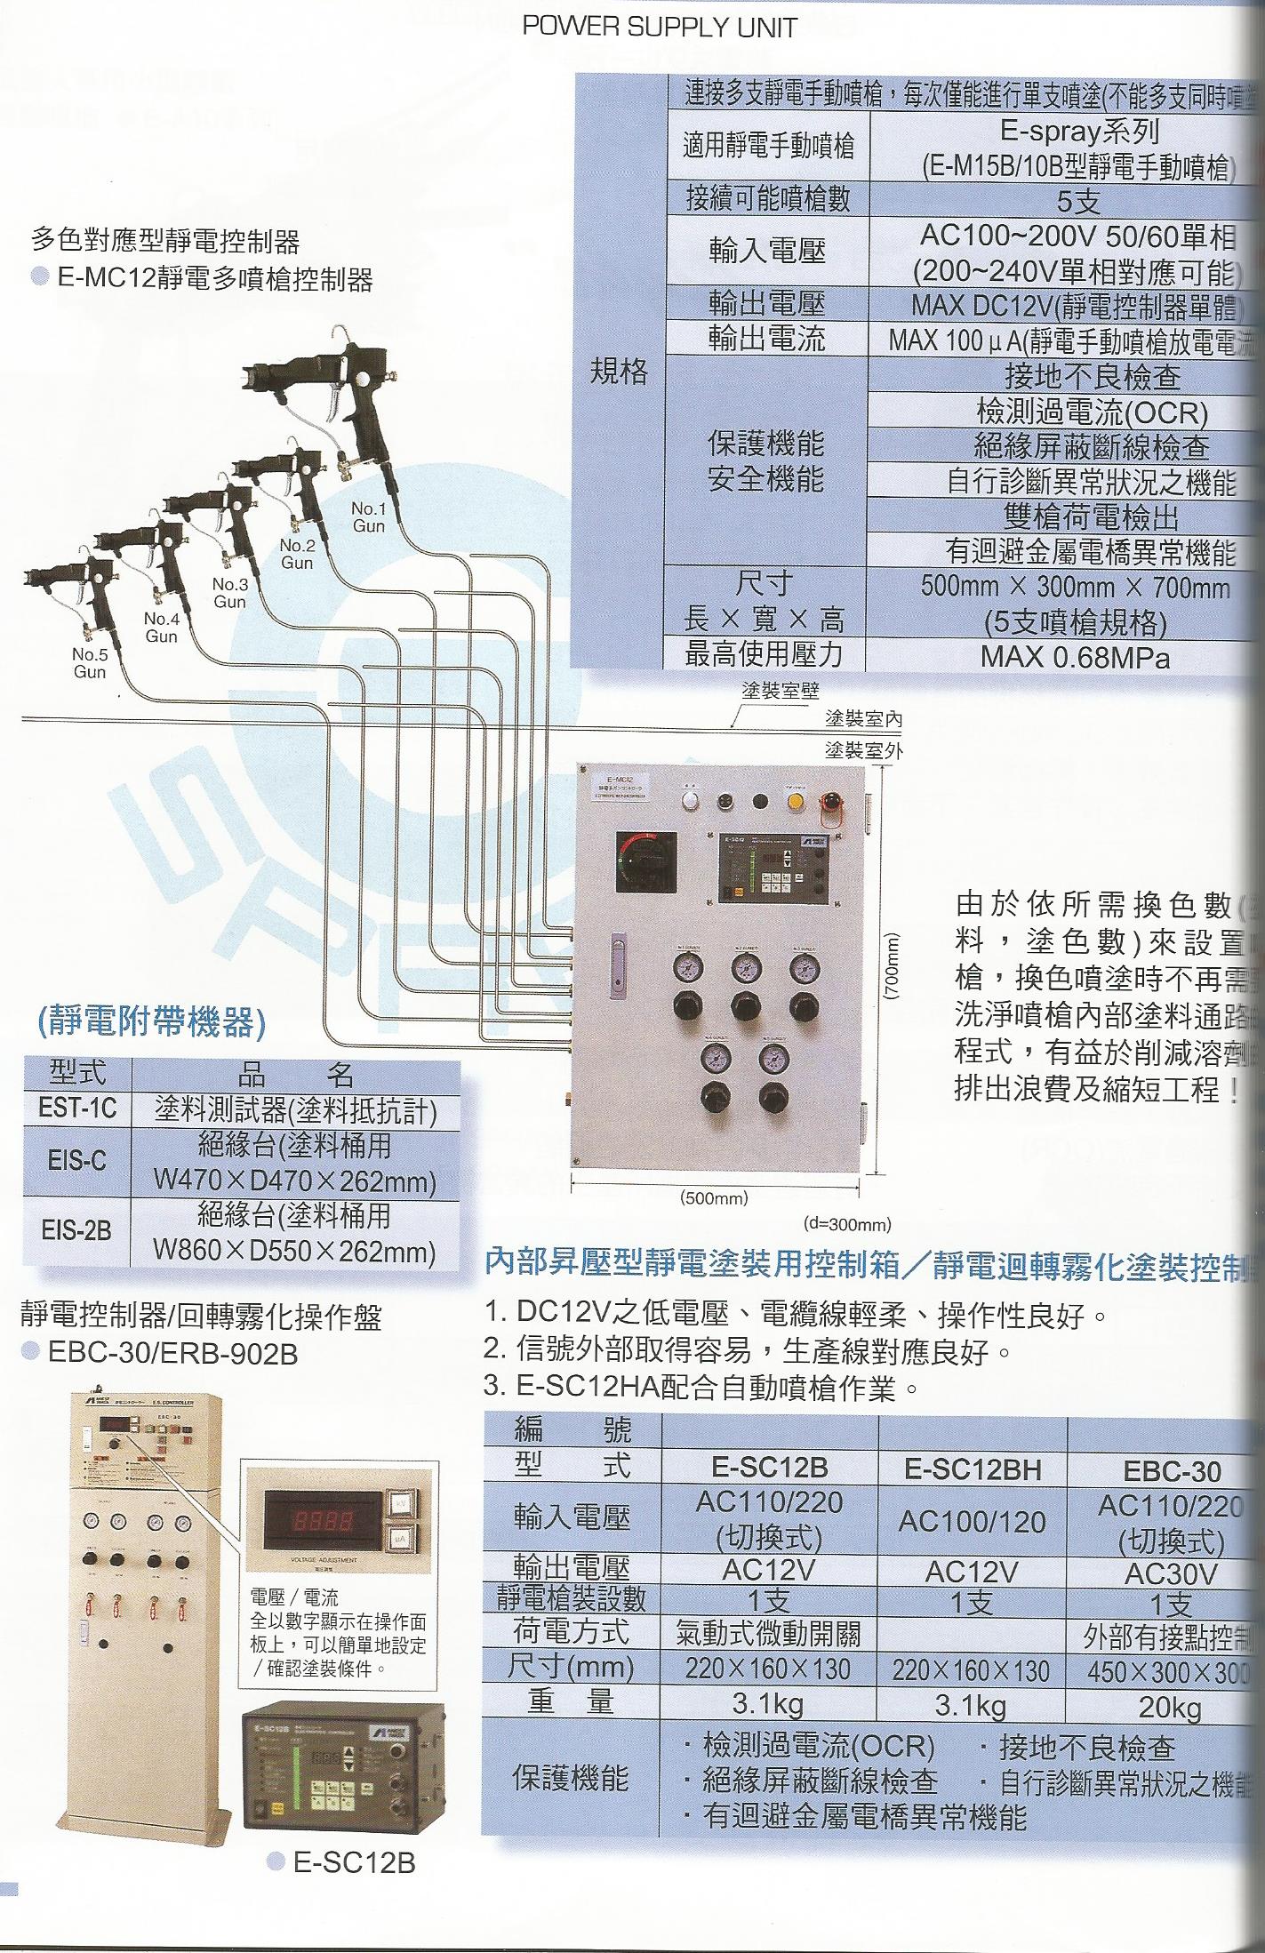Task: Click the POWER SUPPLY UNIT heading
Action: pyautogui.click(x=659, y=28)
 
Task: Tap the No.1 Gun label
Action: pyautogui.click(x=368, y=517)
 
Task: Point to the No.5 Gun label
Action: pyautogui.click(x=89, y=663)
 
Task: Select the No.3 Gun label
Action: pyautogui.click(x=229, y=593)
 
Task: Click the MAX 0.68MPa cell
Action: pyautogui.click(x=1075, y=658)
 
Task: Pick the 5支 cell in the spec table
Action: pyautogui.click(x=1077, y=202)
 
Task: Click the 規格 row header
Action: pyautogui.click(x=620, y=372)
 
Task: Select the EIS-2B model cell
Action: pyautogui.click(x=76, y=1231)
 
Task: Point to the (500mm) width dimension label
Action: pyautogui.click(x=714, y=1197)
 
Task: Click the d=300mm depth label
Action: pyautogui.click(x=846, y=1224)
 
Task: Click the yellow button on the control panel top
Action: pyautogui.click(x=797, y=801)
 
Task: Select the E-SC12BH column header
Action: pyautogui.click(x=972, y=1470)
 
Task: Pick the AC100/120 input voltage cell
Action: pyautogui.click(x=972, y=1522)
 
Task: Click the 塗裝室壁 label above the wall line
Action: pyautogui.click(x=780, y=691)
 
